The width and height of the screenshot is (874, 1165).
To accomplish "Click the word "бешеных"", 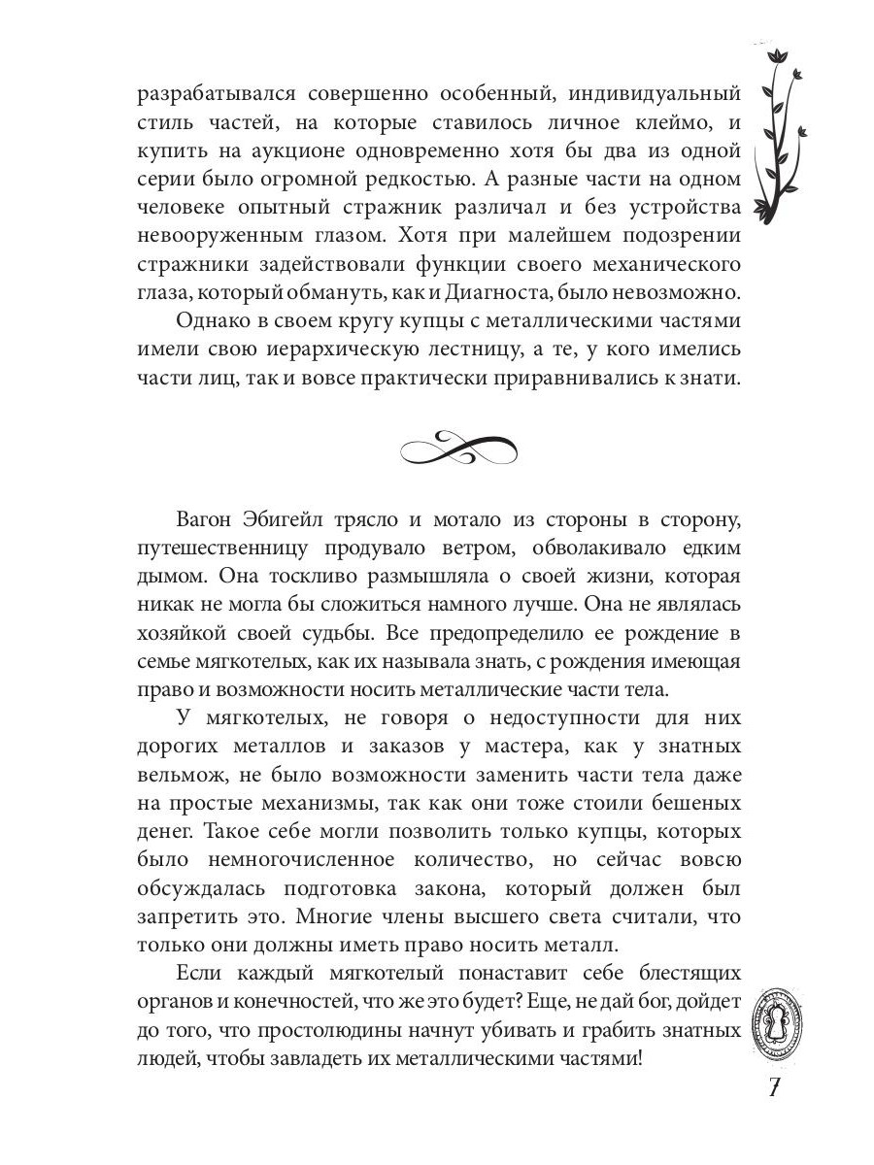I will tap(698, 805).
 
